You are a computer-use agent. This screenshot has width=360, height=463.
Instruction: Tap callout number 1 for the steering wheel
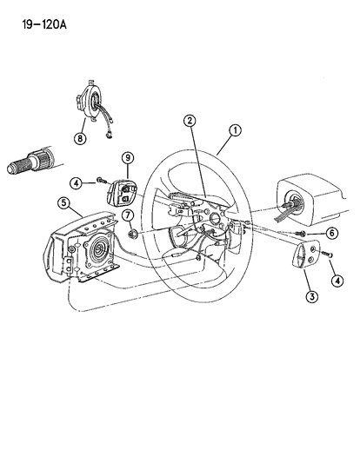234,131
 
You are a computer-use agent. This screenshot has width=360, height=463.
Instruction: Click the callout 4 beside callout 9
77,182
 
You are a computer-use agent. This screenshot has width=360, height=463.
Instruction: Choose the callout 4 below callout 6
337,280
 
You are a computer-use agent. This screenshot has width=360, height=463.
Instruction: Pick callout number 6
331,234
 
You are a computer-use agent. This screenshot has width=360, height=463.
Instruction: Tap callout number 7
128,214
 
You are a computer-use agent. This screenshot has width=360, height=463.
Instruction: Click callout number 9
127,157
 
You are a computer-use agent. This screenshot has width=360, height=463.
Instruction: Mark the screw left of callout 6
300,233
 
